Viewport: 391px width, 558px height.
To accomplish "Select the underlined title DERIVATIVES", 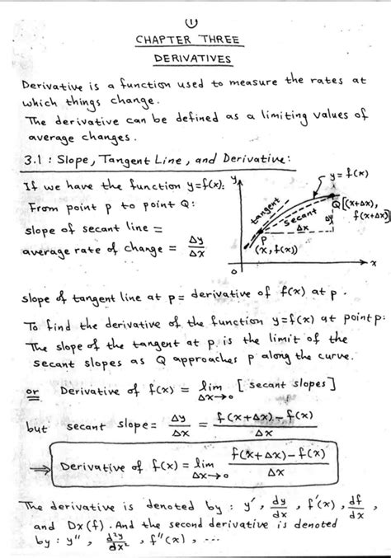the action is click(195, 61).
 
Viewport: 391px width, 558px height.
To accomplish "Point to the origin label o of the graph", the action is click(234, 271).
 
